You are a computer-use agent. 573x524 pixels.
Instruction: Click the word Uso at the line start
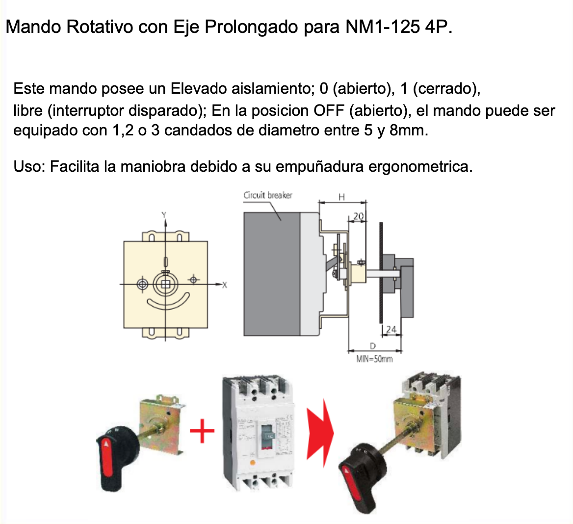(x=28, y=167)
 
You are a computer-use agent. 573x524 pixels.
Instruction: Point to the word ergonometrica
(x=420, y=167)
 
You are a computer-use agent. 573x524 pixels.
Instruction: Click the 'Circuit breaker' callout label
(x=268, y=195)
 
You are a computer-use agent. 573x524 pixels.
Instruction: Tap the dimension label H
(x=342, y=197)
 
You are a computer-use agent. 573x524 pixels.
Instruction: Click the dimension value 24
(x=391, y=330)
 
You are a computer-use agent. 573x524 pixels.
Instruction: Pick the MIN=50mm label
(x=374, y=359)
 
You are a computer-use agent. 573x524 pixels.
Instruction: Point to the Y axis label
(x=164, y=214)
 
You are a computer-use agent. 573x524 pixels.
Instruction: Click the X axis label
(x=225, y=285)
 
